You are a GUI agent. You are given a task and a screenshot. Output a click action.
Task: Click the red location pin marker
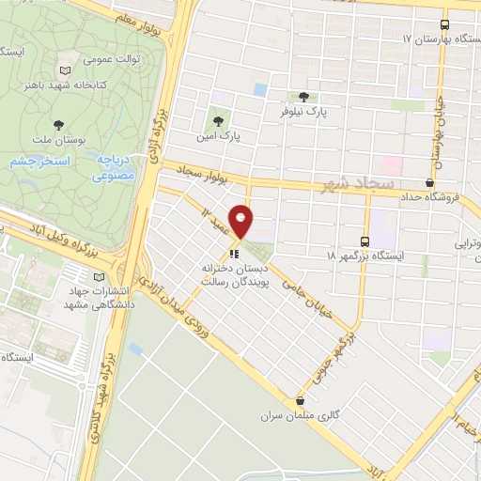(x=241, y=221)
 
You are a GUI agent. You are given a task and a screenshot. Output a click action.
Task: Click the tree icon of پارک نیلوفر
(x=303, y=96)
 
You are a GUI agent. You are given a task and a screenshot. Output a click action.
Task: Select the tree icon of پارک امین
(x=220, y=120)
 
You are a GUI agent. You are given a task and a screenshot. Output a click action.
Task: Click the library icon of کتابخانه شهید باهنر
(x=64, y=70)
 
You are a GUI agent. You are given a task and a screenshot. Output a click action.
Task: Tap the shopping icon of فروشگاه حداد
(x=429, y=182)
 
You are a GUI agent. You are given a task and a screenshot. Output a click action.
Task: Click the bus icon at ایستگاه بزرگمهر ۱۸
(x=365, y=240)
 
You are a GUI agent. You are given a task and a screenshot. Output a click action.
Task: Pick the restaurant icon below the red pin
(x=235, y=252)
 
